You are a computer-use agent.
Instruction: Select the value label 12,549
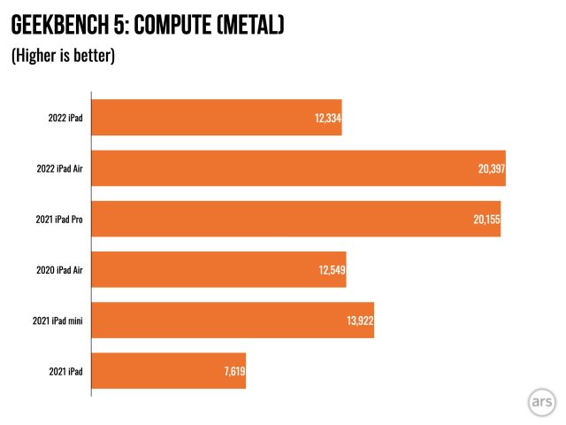tap(331, 270)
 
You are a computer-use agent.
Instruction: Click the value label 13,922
tap(359, 321)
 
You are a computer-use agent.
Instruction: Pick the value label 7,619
tap(233, 371)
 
